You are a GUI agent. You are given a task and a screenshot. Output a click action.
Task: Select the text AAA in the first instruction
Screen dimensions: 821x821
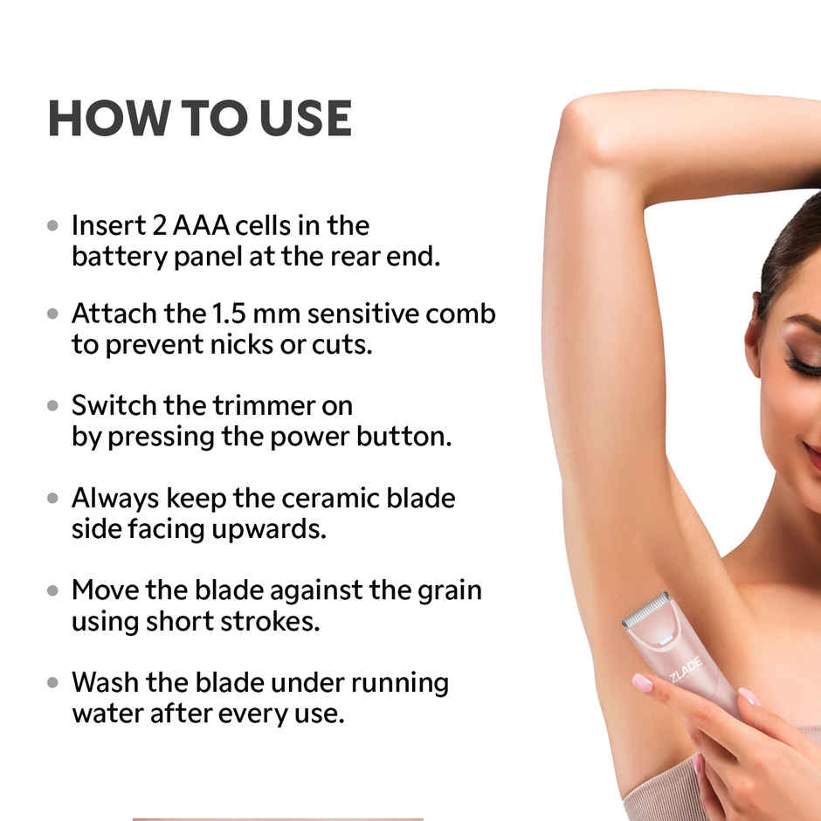pyautogui.click(x=200, y=226)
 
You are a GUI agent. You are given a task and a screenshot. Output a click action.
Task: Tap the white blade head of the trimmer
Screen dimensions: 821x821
pyautogui.click(x=646, y=609)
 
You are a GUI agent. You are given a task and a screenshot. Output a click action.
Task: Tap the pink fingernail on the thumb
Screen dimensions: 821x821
pyautogui.click(x=642, y=682)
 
